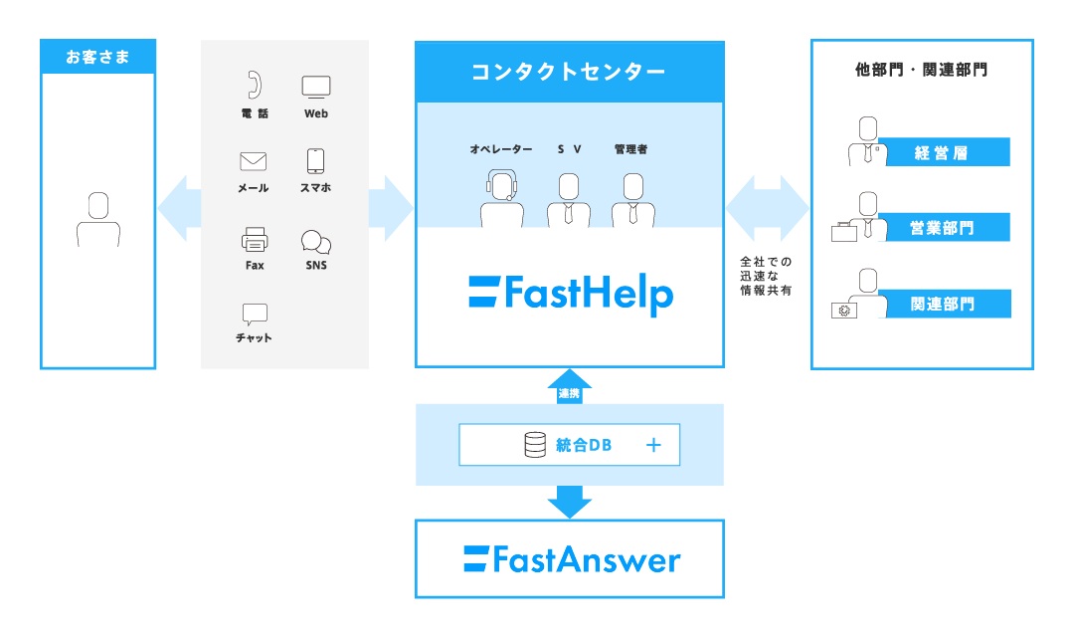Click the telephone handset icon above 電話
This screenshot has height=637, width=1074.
[x=255, y=85]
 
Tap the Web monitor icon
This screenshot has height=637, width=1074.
[x=316, y=87]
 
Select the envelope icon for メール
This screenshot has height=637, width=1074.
[x=254, y=161]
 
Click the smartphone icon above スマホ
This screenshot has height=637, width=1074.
[x=316, y=161]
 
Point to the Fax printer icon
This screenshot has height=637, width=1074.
[x=255, y=240]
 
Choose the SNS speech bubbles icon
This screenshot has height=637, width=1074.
[x=316, y=241]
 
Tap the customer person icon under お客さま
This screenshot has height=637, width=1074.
[x=97, y=219]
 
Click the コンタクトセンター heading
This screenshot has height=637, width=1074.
[x=569, y=72]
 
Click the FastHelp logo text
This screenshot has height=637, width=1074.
[x=571, y=294]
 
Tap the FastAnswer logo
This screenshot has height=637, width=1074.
[x=572, y=559]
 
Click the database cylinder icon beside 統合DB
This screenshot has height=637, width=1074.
[x=535, y=445]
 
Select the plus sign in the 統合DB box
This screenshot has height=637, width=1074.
[x=653, y=445]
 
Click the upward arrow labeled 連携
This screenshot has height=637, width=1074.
[x=570, y=388]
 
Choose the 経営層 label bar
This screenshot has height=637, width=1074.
[x=942, y=152]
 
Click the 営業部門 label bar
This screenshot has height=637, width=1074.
[x=942, y=228]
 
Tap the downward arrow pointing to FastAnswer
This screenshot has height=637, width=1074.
[x=570, y=501]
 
